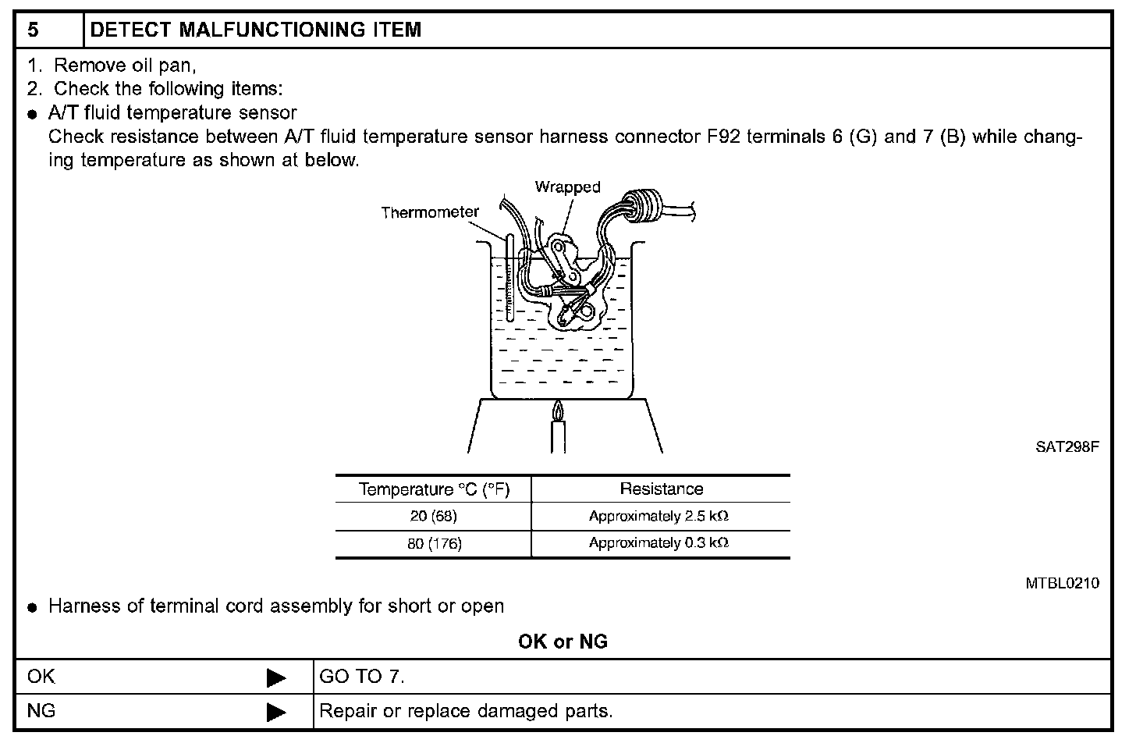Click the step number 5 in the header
33,30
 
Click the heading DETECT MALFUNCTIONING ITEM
256,30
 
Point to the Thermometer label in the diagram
430,212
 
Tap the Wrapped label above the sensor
567,187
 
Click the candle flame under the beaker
557,410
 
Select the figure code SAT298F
1067,447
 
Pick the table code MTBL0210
1063,583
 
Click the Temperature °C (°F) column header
433,489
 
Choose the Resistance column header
661,489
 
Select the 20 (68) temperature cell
433,517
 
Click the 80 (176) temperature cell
434,544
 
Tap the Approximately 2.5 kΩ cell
659,517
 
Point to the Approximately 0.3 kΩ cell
659,543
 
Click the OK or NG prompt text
563,642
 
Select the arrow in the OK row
276,677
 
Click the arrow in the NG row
276,712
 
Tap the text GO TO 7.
362,677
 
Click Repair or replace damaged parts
466,711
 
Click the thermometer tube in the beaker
509,277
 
